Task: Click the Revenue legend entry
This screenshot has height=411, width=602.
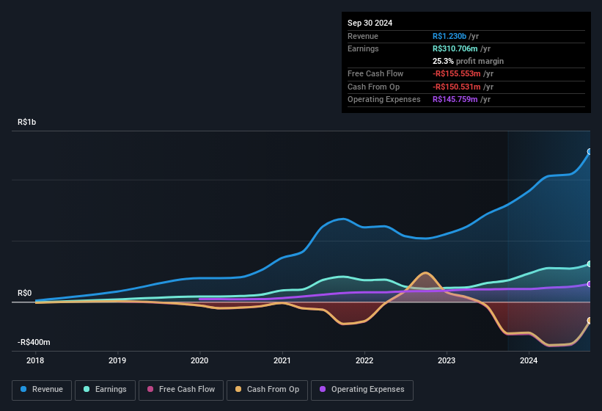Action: [42, 390]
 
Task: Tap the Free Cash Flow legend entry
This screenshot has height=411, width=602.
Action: [180, 390]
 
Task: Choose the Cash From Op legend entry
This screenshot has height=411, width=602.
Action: [267, 390]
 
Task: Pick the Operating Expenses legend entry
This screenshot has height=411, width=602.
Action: [362, 390]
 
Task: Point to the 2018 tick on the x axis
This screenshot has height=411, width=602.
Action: [34, 360]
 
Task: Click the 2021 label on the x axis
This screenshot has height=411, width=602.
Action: [282, 360]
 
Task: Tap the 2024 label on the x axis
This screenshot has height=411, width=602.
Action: [529, 360]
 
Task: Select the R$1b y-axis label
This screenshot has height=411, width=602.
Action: [27, 123]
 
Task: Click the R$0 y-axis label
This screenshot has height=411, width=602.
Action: [25, 294]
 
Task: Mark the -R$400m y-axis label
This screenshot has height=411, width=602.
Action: [34, 343]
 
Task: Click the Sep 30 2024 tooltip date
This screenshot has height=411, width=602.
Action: [370, 23]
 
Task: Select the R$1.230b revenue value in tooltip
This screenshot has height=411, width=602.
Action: [455, 36]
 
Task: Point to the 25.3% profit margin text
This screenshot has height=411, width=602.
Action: [469, 61]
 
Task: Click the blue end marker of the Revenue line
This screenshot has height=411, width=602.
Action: [590, 152]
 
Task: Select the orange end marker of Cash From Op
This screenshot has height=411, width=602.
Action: [590, 321]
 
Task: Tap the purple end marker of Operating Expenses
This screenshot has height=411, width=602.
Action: [590, 284]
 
